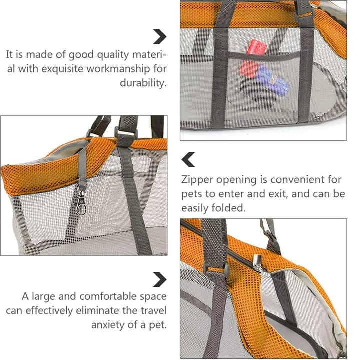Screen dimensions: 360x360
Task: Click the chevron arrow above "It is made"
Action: point(160,36)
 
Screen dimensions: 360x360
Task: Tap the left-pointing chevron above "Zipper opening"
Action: point(188,159)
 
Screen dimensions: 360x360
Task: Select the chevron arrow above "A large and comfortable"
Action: point(160,279)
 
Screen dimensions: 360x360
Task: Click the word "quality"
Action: point(113,55)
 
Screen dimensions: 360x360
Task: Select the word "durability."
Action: point(143,83)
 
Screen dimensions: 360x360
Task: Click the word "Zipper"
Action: point(197,180)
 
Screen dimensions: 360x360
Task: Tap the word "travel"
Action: point(153,310)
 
